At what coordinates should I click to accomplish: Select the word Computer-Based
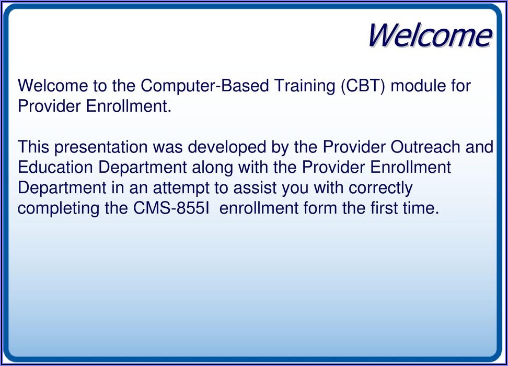pos(204,86)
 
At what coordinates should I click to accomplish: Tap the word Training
pos(304,86)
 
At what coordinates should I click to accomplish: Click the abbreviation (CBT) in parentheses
pos(363,86)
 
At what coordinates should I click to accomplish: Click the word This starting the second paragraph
pos(33,147)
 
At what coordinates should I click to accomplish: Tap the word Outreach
pos(425,147)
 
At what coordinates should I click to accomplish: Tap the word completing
pos(59,209)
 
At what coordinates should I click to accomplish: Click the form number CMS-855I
pos(171,208)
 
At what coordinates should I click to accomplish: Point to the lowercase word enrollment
pos(259,208)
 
